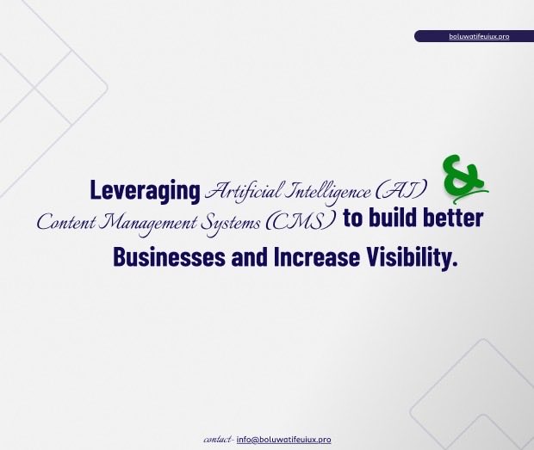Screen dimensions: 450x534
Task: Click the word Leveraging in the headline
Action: pyautogui.click(x=145, y=190)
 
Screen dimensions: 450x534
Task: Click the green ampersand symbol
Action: pyautogui.click(x=463, y=178)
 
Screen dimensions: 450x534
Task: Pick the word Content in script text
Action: pyautogui.click(x=67, y=221)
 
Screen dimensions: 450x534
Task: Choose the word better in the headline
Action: pyautogui.click(x=453, y=219)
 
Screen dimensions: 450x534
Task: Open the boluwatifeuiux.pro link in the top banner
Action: pyautogui.click(x=479, y=36)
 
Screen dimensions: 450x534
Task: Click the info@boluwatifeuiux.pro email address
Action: pyautogui.click(x=283, y=440)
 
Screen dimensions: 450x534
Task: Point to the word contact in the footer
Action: pyautogui.click(x=217, y=440)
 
